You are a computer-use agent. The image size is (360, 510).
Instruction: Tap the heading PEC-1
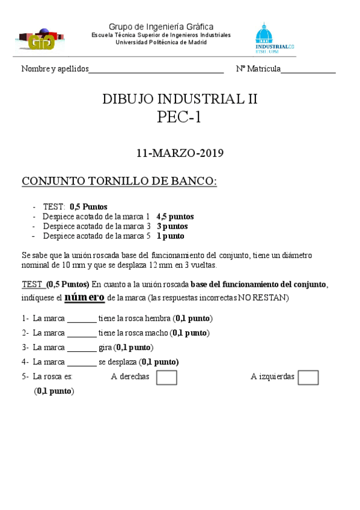pos(179,117)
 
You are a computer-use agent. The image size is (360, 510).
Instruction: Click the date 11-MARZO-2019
pos(180,153)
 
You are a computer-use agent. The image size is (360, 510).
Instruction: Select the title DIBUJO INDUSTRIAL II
pos(180,99)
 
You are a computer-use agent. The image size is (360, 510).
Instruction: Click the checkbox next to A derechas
pos(166,377)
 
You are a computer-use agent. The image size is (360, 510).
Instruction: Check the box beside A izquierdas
pos(308,377)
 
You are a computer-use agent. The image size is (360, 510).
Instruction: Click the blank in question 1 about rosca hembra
pos(81,320)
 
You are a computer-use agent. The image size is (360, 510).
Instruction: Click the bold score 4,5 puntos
pos(175,217)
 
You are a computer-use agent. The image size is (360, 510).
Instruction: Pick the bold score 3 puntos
pos(172,226)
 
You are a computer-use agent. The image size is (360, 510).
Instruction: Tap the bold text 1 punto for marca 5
pos(170,236)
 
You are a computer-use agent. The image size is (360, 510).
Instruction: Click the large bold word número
pos(84,297)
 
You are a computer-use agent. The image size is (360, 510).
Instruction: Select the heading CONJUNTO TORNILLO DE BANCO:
pos(119,181)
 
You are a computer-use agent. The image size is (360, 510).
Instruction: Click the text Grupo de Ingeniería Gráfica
pos(160,26)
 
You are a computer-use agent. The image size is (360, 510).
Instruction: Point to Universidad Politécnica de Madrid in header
pos(160,42)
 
